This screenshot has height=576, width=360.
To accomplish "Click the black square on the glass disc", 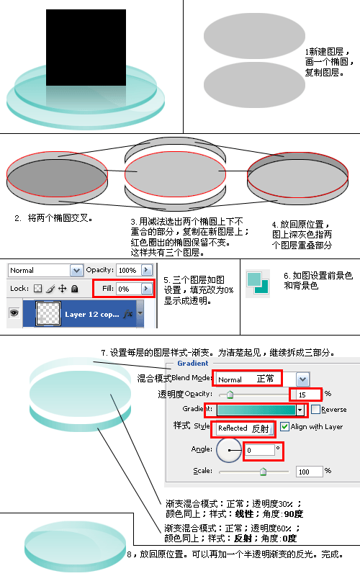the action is pyautogui.click(x=86, y=48).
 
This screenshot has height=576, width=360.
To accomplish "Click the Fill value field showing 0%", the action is pyautogui.click(x=129, y=289).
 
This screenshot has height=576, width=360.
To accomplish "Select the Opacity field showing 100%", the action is pyautogui.click(x=128, y=270).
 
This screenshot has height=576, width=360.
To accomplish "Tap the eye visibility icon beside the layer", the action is pyautogui.click(x=14, y=312).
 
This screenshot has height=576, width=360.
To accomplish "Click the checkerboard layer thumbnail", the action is pyautogui.click(x=48, y=314).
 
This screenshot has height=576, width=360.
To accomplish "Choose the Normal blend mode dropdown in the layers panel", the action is pyautogui.click(x=45, y=271).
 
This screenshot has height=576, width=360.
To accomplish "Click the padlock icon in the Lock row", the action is pyautogui.click(x=75, y=289).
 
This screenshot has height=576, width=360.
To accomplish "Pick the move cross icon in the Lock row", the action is pyautogui.click(x=63, y=289).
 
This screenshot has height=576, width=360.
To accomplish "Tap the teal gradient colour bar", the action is pyautogui.click(x=256, y=410).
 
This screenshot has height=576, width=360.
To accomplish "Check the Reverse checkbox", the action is pyautogui.click(x=315, y=409).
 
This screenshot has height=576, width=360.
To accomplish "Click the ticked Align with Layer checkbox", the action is pyautogui.click(x=284, y=426).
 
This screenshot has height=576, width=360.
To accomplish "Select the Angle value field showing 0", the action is pyautogui.click(x=260, y=450).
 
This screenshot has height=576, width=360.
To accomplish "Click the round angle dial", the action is pyautogui.click(x=228, y=450).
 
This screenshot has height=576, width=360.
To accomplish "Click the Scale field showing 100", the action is pyautogui.click(x=310, y=472).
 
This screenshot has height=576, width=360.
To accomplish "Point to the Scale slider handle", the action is pyautogui.click(x=263, y=472).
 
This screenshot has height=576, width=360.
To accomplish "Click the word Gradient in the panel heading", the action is pyautogui.click(x=193, y=363).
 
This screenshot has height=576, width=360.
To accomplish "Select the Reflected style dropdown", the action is pyautogui.click(x=244, y=428).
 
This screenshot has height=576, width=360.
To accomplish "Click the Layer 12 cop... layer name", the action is pyautogui.click(x=92, y=315).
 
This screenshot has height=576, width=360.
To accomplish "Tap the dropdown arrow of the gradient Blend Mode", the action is pyautogui.click(x=302, y=379).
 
